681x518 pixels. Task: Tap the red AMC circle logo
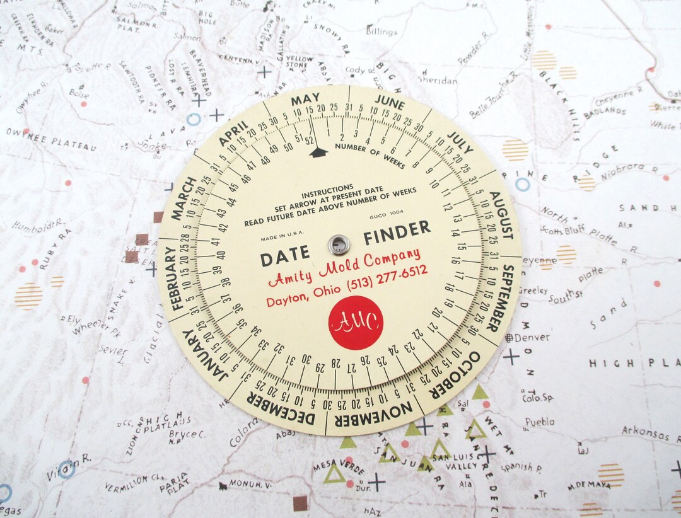click(356, 323)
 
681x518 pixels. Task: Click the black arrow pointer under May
click(318, 151)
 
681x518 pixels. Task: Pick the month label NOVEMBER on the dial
click(373, 415)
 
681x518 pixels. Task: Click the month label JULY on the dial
click(460, 144)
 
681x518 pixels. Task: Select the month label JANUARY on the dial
click(202, 356)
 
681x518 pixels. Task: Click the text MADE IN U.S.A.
click(279, 238)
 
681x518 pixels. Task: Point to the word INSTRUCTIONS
click(327, 188)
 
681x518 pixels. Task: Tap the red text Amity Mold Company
click(344, 267)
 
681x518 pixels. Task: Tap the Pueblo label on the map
click(540, 422)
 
